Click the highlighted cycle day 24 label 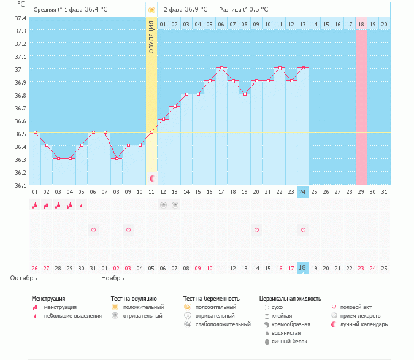tap(302, 192)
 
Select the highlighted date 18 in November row tap(302, 269)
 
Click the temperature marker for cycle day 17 tap(221, 67)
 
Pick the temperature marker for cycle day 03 tap(58, 158)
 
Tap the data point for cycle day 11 tap(151, 132)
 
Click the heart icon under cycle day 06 tap(93, 230)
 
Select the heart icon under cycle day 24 tap(303, 230)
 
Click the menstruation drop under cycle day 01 tap(34, 205)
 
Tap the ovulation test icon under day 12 tap(163, 205)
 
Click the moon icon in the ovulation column tap(152, 178)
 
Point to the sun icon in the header tap(151, 10)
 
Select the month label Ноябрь tap(113, 278)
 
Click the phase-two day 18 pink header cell tap(361, 24)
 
